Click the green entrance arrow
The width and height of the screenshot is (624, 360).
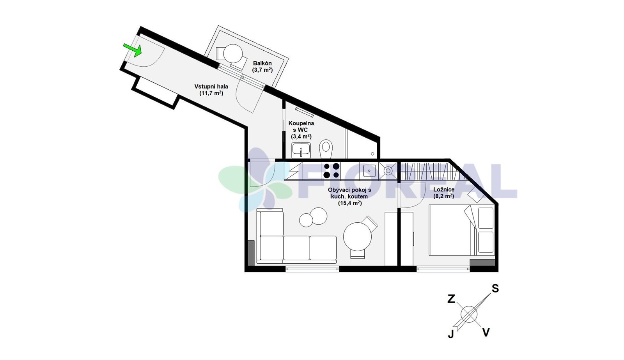coord(133,50)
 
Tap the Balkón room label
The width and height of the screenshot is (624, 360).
coord(262,63)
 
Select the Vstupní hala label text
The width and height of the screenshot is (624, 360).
coord(211,86)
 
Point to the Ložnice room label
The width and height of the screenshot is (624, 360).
coord(444,190)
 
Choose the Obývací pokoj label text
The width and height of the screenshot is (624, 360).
coord(349,190)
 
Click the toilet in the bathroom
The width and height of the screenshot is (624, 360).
coord(326,149)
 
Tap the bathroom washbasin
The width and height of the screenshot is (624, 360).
coord(301,151)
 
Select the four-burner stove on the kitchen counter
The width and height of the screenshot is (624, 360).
coord(331,170)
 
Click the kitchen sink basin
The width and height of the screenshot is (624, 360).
coord(369,170)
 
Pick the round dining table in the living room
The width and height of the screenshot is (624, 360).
coord(357,237)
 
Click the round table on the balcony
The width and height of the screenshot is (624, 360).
coord(233,54)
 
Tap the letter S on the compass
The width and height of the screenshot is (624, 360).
coord(495,289)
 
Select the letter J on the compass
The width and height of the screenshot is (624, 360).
coord(451,334)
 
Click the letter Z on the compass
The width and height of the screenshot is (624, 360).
coord(451,299)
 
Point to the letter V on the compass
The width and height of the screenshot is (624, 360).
coord(486,332)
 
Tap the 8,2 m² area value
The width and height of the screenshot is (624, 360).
coord(444,196)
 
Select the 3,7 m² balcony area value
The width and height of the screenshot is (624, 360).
coord(262,70)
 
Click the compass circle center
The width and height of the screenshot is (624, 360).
coord(469,314)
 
